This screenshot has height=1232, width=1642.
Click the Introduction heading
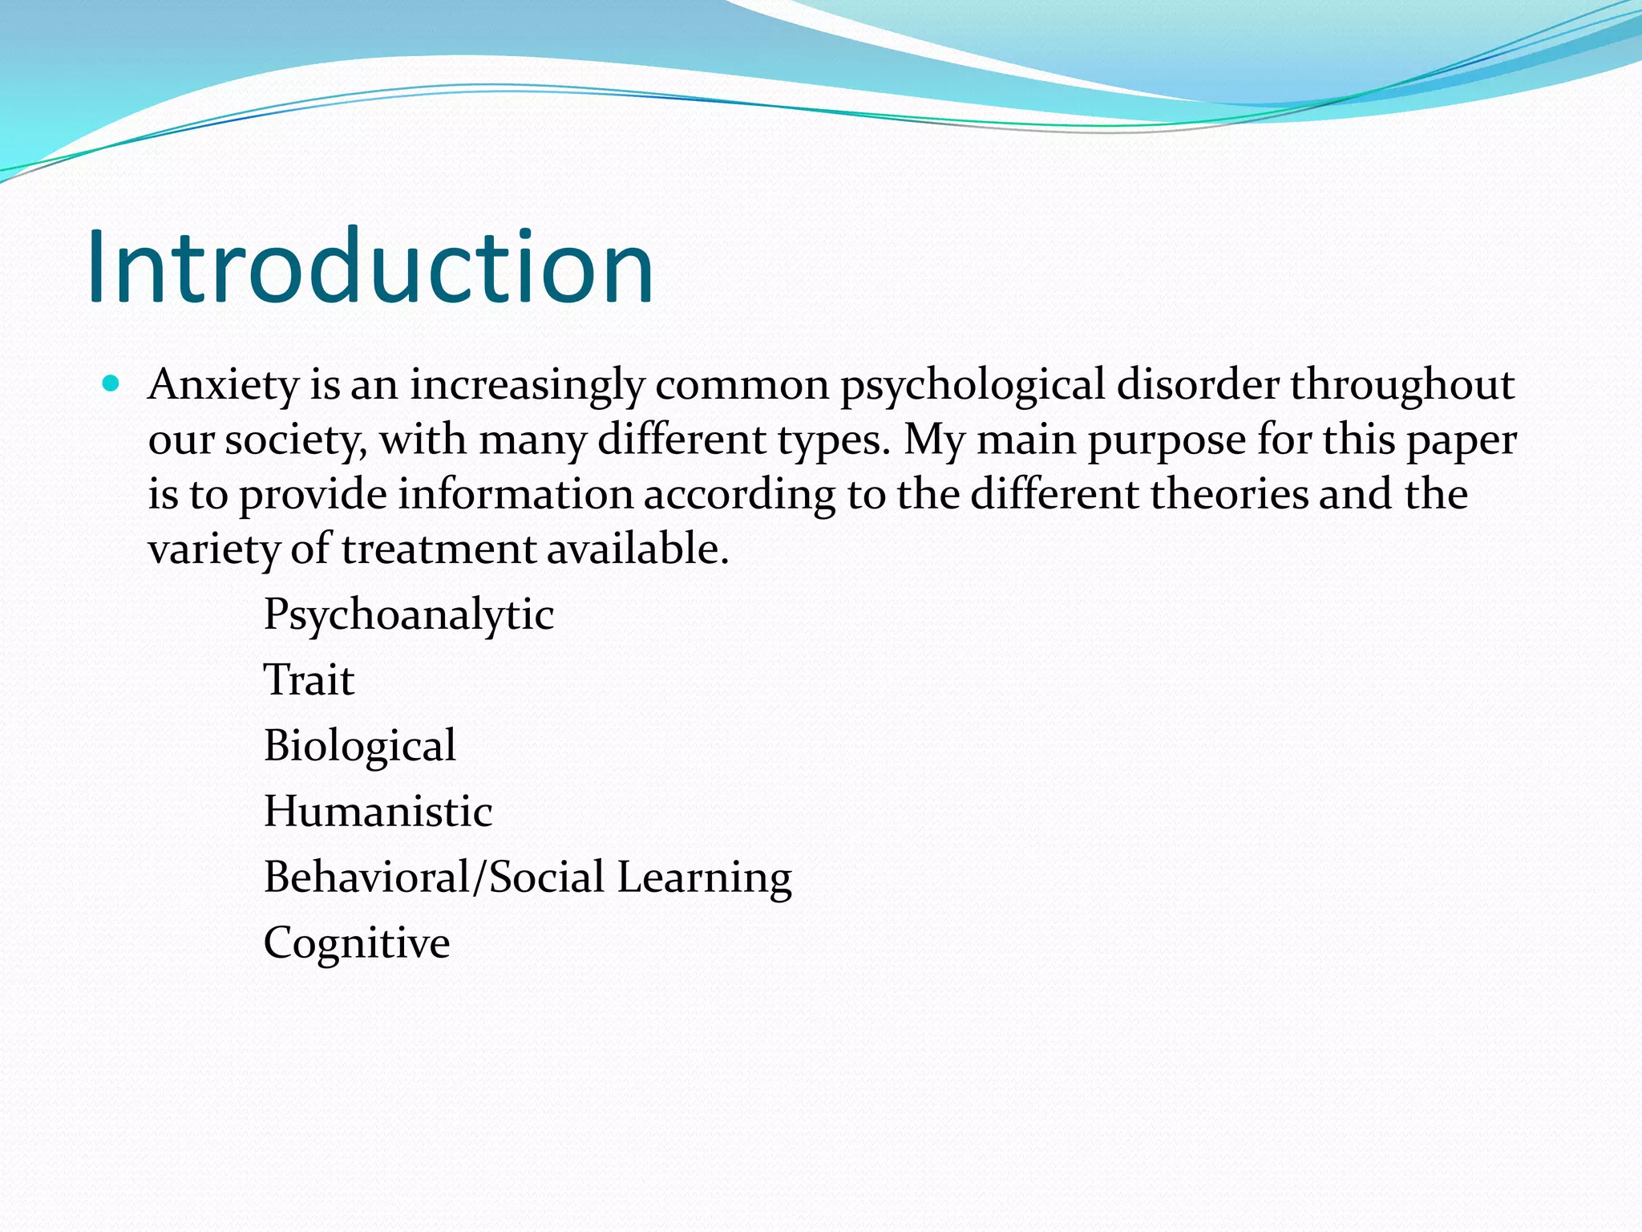click(x=370, y=267)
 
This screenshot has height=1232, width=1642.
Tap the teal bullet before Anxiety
click(x=111, y=383)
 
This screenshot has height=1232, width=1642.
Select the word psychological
click(x=973, y=385)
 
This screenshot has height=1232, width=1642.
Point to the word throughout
click(x=1402, y=385)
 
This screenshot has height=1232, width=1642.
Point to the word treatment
click(x=439, y=549)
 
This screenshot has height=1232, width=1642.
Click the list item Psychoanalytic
click(x=409, y=615)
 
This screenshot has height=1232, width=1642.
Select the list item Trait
click(x=309, y=680)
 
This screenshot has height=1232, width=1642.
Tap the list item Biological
click(x=360, y=746)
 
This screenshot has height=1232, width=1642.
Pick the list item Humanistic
click(x=378, y=812)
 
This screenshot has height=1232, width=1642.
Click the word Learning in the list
click(x=704, y=877)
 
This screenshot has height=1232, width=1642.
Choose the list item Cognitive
click(x=357, y=943)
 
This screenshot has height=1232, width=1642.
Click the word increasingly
click(x=528, y=385)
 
